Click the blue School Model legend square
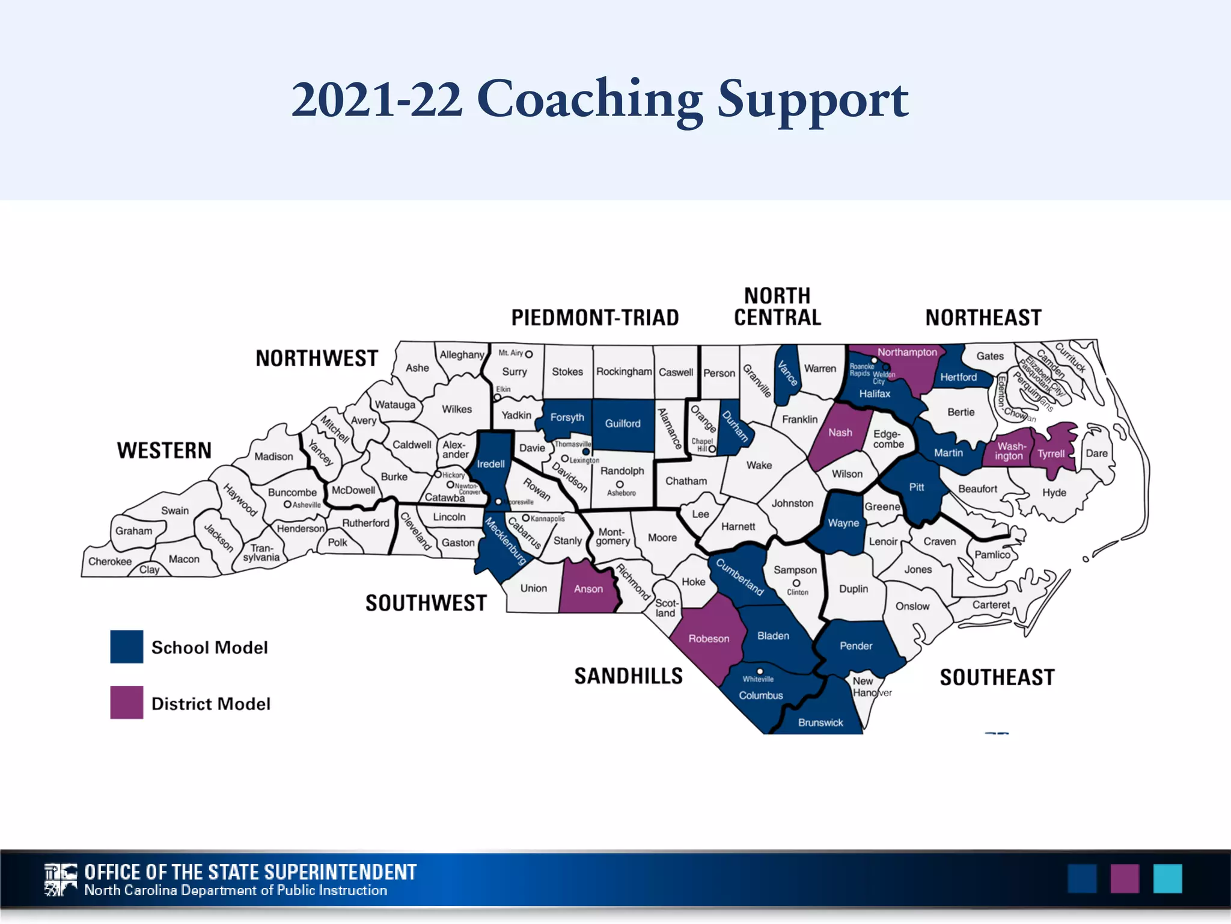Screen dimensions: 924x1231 click(x=126, y=647)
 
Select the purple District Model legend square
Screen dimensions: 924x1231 click(x=126, y=703)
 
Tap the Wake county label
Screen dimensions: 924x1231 click(x=759, y=465)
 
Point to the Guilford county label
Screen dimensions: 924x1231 click(x=623, y=423)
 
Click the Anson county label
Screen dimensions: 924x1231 click(x=588, y=589)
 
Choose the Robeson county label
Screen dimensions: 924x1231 click(x=709, y=639)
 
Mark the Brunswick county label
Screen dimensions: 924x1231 click(x=820, y=722)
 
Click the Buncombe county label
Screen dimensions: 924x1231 click(x=292, y=492)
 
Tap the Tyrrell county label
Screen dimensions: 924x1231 click(x=1051, y=454)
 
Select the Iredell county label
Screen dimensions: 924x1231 click(x=490, y=464)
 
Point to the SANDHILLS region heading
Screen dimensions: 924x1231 click(x=628, y=676)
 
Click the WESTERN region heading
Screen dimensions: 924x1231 click(x=164, y=451)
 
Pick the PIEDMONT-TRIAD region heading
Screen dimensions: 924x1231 click(x=595, y=318)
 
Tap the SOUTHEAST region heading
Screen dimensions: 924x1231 click(x=997, y=677)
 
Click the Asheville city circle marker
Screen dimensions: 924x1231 click(x=287, y=505)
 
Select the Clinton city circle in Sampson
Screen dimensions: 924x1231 click(x=796, y=583)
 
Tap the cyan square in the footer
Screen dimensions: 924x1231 click(x=1167, y=878)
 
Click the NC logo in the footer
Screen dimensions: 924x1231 click(x=61, y=879)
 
